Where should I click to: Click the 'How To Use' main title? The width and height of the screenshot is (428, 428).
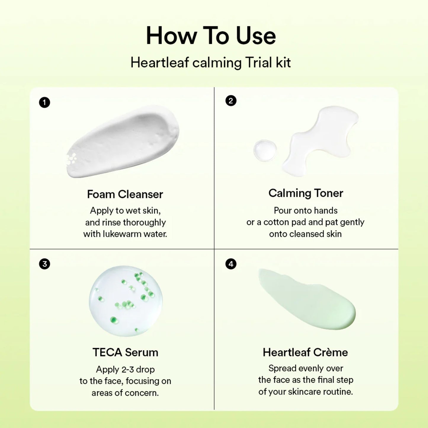point(211,36)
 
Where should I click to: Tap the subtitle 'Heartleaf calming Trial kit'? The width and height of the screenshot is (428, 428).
point(211,63)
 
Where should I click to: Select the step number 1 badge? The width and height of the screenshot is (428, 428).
point(44,102)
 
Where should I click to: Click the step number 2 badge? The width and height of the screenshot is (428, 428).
point(231,101)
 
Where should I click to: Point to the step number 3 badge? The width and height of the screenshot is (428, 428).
point(44,264)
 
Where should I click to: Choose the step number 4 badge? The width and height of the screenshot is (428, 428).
point(231,264)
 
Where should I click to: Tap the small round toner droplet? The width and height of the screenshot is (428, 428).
point(265,150)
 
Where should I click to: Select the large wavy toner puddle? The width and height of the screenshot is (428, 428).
point(320,139)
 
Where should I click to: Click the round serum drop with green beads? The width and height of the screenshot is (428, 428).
point(126,301)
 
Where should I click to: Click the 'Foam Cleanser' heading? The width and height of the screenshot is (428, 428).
point(125,194)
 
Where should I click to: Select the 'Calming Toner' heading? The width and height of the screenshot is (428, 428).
point(306,193)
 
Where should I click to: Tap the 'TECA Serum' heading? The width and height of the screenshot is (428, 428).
point(125,352)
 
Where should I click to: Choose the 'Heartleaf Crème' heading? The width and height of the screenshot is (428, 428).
point(305,352)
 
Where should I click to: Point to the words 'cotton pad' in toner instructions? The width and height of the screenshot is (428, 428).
point(285,222)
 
